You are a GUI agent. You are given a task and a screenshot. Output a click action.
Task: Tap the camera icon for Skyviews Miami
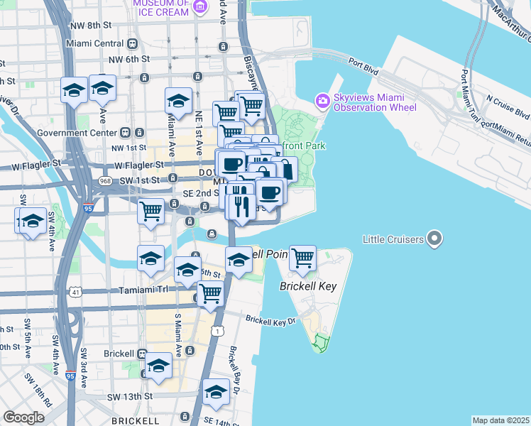[x=323, y=102]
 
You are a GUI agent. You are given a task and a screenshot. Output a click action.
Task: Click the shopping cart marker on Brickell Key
[x=303, y=258]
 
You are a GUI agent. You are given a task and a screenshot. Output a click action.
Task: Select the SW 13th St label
[x=130, y=395]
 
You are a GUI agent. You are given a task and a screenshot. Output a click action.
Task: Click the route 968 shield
[x=106, y=181]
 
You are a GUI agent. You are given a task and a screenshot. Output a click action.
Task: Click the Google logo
[x=23, y=417]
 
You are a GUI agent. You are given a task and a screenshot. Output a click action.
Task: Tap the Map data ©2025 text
[x=500, y=420]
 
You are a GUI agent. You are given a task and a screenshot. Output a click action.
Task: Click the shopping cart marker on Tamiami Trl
[x=210, y=293]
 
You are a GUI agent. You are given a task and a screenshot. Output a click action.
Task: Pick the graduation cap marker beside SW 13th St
[x=216, y=392]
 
